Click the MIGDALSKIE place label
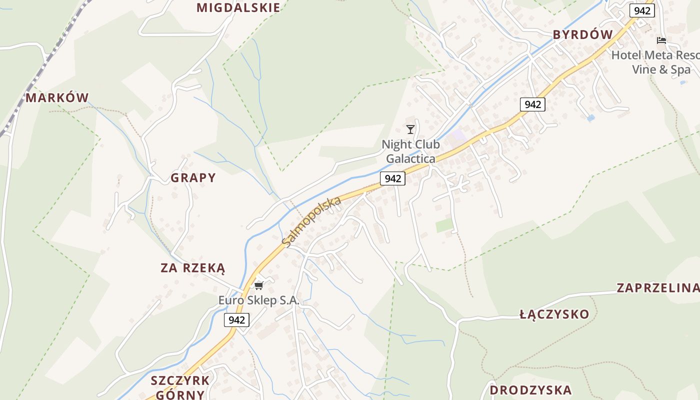(x=238, y=7)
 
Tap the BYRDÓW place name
(x=582, y=34)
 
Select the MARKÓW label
(x=57, y=97)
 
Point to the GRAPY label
(x=193, y=177)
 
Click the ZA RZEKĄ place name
(x=192, y=268)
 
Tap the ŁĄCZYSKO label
(x=554, y=314)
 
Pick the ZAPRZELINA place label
(x=657, y=287)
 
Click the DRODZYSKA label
(x=530, y=390)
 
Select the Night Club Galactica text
(x=410, y=151)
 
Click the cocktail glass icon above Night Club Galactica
(x=410, y=129)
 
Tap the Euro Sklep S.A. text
(x=259, y=300)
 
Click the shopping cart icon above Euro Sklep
(x=258, y=285)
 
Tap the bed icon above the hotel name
(x=661, y=40)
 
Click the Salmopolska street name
(x=311, y=221)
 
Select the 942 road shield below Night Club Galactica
(x=392, y=178)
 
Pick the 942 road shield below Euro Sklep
(x=236, y=320)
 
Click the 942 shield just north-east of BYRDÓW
(x=642, y=10)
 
